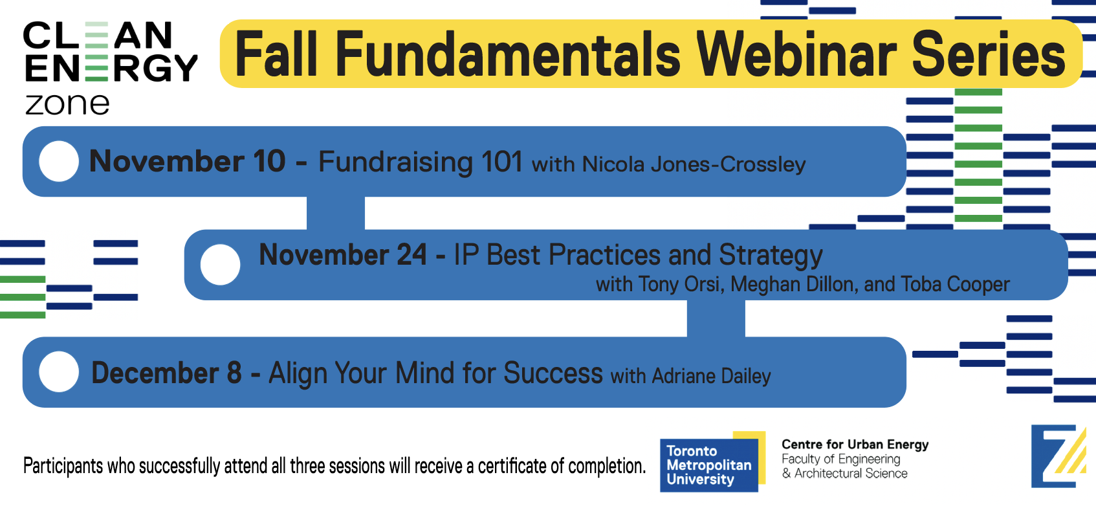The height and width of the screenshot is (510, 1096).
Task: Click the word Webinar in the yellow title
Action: [796, 54]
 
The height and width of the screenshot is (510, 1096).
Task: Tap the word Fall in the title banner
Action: [276, 54]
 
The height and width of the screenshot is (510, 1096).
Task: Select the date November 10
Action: [188, 161]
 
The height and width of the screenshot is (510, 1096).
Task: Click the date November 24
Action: [342, 255]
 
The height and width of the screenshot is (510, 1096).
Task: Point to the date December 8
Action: [166, 373]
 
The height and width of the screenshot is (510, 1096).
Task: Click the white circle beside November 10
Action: [59, 162]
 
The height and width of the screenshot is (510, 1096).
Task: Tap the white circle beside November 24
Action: [220, 265]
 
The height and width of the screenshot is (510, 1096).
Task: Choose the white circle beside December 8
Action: [59, 372]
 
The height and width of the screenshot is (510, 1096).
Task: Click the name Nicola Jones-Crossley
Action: [694, 164]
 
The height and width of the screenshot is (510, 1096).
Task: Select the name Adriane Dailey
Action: [712, 376]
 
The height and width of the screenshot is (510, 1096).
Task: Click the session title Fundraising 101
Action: [421, 162]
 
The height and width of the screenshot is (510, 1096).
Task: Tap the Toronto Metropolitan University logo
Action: [712, 461]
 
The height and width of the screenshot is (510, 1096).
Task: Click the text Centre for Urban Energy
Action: [855, 445]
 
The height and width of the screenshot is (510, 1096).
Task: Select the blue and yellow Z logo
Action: [1059, 456]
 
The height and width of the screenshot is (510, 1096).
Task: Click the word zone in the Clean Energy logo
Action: [67, 104]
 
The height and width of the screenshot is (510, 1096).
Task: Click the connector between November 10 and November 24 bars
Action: [336, 214]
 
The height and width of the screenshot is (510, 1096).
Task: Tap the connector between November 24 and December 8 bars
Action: [716, 318]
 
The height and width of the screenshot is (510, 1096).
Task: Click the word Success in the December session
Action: [553, 373]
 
